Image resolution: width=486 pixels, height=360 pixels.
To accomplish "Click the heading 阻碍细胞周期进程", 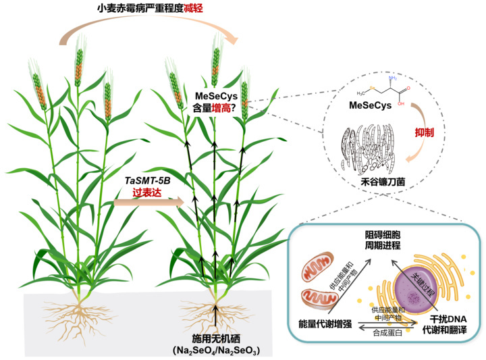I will [x=383, y=241].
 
